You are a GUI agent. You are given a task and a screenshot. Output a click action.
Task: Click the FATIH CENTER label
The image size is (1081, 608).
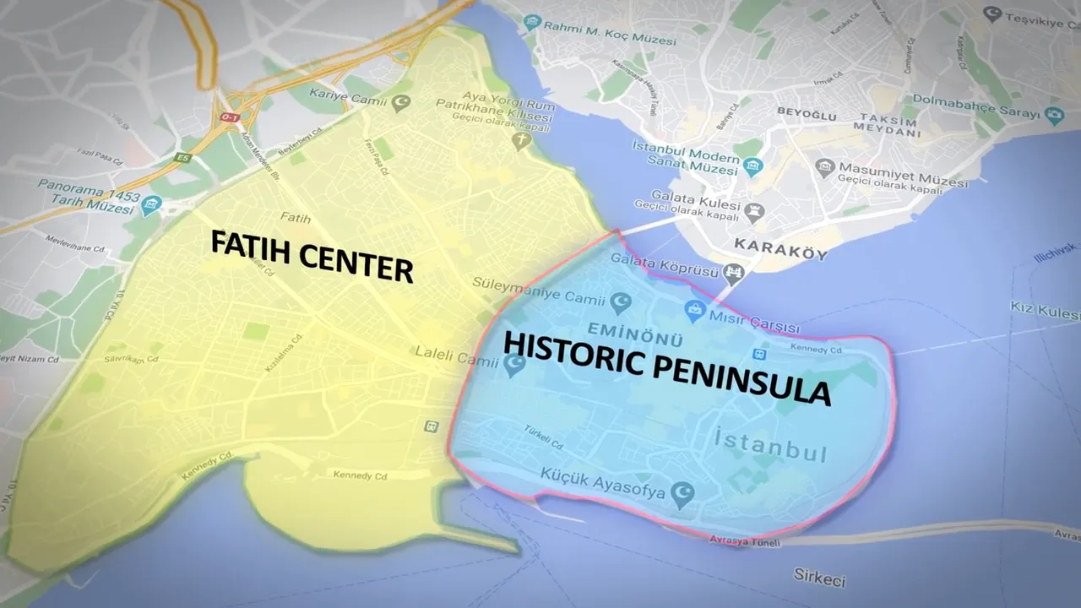(x=311, y=256)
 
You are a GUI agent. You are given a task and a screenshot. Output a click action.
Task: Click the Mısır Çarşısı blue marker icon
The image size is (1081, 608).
(x=694, y=310)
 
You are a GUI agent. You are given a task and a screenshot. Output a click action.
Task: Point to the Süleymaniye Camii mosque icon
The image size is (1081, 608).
(x=621, y=301)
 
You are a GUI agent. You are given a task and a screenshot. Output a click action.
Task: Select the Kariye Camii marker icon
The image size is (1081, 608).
(x=402, y=103)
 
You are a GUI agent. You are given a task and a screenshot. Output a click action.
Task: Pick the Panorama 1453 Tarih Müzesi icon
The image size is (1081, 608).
(x=151, y=204)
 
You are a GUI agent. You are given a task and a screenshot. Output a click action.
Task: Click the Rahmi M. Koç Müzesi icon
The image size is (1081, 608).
(x=531, y=23)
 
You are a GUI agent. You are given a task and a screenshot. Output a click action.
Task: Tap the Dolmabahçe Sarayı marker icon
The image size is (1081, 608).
(x=1053, y=114)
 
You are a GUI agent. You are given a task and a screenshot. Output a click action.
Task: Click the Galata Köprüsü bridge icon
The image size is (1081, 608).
(x=734, y=271)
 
